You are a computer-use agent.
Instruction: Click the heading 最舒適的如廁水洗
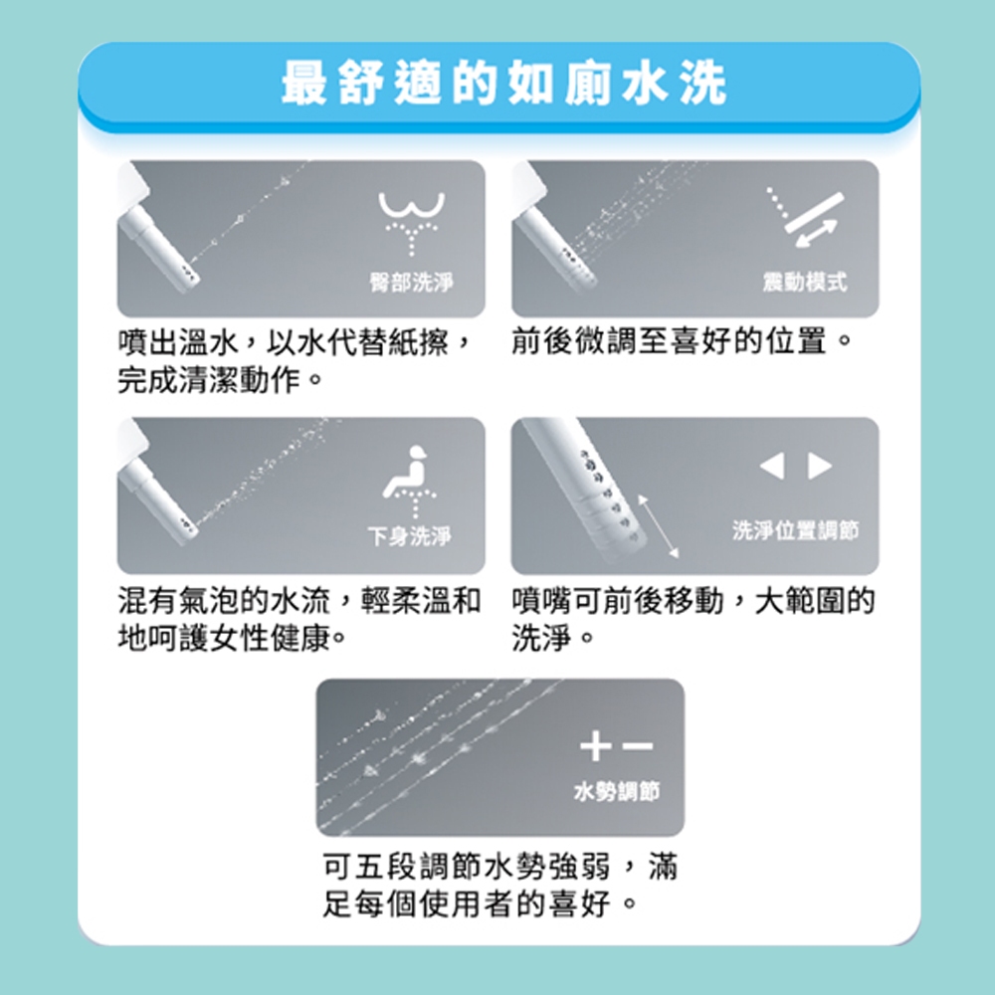[504, 84]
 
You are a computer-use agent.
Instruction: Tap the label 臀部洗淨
[412, 282]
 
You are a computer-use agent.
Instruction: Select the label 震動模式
[805, 282]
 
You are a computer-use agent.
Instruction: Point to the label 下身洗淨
[410, 536]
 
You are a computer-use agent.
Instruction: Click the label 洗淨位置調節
[795, 530]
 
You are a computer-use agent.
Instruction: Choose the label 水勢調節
[617, 791]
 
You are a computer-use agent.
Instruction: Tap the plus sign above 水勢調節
[596, 745]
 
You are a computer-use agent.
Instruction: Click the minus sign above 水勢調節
[638, 745]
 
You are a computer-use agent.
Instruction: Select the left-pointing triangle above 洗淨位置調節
[772, 467]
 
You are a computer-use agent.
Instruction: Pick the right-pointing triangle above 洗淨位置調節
[820, 467]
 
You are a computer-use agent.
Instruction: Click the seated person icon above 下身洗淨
[411, 481]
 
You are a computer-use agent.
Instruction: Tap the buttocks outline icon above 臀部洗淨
[412, 223]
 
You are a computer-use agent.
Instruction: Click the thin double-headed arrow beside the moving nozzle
[659, 526]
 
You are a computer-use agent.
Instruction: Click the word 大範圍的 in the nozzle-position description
[815, 600]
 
